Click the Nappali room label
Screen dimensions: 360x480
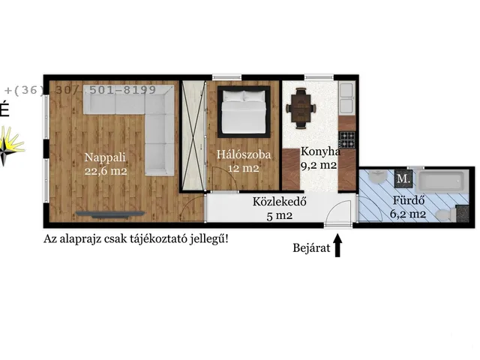tap(103, 157)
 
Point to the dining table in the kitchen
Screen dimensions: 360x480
tap(301, 108)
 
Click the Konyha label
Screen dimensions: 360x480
tap(320, 151)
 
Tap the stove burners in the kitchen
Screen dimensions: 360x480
tap(346, 138)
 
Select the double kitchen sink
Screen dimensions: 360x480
tap(347, 95)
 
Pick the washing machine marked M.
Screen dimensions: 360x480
tap(403, 178)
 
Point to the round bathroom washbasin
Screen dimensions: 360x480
tap(377, 178)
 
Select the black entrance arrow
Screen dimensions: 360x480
tap(337, 245)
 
